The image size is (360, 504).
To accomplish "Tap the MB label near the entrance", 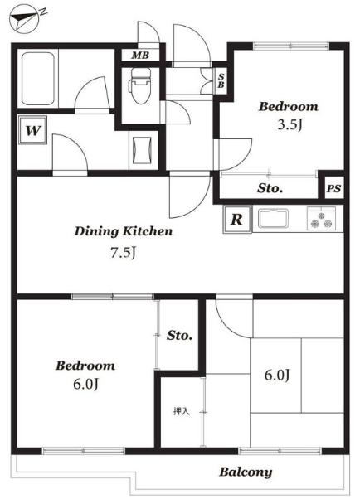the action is click(140, 56).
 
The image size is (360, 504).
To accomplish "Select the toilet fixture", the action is click(139, 85).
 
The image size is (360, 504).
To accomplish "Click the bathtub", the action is click(37, 79).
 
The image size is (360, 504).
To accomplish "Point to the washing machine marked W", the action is click(33, 130).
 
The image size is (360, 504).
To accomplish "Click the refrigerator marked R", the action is click(237, 219).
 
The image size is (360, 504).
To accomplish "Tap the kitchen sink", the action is click(274, 219).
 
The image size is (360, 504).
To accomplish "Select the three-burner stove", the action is click(321, 219).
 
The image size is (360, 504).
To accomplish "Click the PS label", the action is click(333, 188).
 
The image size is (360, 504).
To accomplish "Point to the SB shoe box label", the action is click(221, 80).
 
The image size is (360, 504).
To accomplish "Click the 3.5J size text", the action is click(289, 124).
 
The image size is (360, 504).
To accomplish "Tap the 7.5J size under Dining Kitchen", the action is click(124, 253).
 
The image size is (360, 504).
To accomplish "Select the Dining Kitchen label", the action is click(124, 231).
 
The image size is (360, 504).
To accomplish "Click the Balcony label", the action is click(246, 472).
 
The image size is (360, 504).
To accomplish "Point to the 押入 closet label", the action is click(181, 411).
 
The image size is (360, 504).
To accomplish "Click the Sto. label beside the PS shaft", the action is click(270, 188).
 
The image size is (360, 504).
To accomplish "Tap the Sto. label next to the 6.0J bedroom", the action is click(179, 336).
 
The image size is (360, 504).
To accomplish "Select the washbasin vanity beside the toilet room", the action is click(142, 150).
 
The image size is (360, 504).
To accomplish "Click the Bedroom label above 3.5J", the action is click(289, 106).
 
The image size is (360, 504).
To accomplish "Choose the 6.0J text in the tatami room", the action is click(277, 375).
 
